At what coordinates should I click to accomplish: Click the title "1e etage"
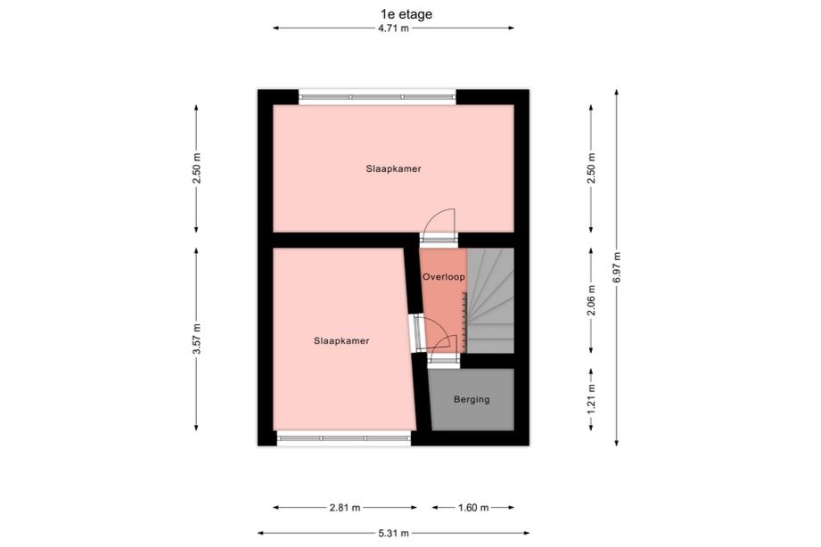(x=406, y=14)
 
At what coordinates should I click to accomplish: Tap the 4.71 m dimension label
(x=393, y=29)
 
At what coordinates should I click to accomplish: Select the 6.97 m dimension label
(x=616, y=267)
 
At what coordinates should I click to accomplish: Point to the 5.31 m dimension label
(x=393, y=534)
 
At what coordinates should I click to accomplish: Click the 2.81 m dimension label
(x=345, y=507)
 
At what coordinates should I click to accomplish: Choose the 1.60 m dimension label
(x=473, y=507)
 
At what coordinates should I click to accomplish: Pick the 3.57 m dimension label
(x=196, y=339)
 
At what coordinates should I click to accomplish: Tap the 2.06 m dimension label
(x=591, y=300)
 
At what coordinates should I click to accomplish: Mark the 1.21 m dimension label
(x=591, y=399)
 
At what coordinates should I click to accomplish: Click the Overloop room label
(x=444, y=277)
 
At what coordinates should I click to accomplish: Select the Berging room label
(x=472, y=399)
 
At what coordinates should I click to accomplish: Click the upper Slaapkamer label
(x=394, y=168)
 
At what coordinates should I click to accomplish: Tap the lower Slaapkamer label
(x=341, y=341)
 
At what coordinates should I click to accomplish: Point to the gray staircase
(x=490, y=300)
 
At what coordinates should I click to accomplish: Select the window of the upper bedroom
(x=377, y=97)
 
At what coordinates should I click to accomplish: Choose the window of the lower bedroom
(x=343, y=438)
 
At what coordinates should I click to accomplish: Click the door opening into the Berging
(x=443, y=349)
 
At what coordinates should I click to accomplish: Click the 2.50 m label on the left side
(x=196, y=168)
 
